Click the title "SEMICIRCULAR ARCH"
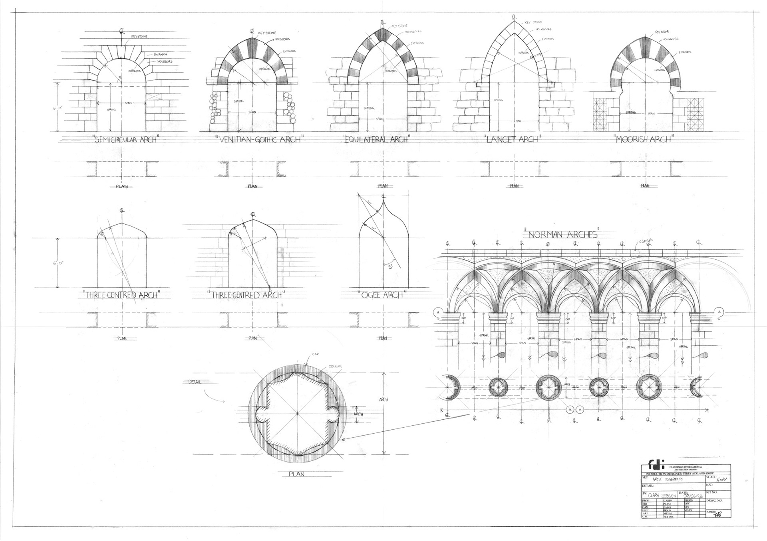coord(124,140)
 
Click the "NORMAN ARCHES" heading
coord(562,234)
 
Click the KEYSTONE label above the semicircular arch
coord(139,37)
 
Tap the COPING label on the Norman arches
coord(646,241)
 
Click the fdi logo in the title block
coord(652,465)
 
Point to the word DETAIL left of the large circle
coord(195,382)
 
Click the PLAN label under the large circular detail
coord(297,474)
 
